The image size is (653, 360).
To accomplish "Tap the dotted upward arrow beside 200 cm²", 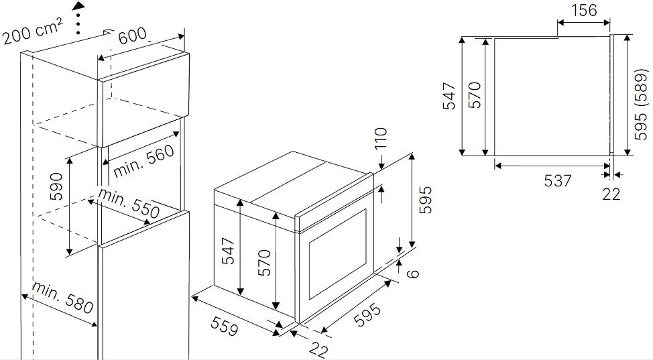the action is pos(78,17).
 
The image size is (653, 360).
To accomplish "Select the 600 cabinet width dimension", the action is pos(132,36).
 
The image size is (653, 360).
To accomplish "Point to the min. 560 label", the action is pos(143,160).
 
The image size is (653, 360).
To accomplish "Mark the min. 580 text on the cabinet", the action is pos(62,298).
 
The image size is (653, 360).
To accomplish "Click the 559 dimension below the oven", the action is pos(225,326).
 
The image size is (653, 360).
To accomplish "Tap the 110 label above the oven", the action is pos(381,138).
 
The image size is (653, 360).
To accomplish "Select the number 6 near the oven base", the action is pos(412,274).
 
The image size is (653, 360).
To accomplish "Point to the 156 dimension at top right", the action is pos(584,10).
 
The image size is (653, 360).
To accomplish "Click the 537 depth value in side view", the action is pos(558,180).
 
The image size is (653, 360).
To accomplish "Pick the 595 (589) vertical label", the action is pos(641,104).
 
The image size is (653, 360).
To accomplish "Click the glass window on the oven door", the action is pos(337,254).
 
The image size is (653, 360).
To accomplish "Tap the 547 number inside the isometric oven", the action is pos(228,251).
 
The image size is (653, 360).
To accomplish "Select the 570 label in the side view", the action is pos(475,95).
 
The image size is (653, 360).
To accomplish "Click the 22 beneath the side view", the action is pos(611,194).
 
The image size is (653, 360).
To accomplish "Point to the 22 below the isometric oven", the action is pos(318,349).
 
